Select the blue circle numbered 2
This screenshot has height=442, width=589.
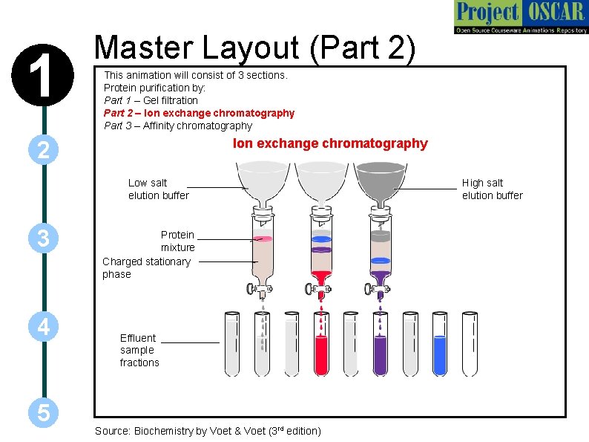click(44, 151)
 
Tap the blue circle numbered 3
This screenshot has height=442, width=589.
click(44, 238)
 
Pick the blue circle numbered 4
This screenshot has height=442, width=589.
click(44, 327)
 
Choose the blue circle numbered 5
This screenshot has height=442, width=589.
click(44, 413)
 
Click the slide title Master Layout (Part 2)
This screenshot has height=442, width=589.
click(255, 48)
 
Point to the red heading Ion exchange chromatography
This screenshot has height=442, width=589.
click(330, 143)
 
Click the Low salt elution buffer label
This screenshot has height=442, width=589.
click(158, 189)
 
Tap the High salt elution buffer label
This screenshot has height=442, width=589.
click(492, 189)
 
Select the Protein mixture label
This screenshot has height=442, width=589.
click(177, 241)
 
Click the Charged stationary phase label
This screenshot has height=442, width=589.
click(146, 267)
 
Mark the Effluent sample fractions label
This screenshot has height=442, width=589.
click(139, 350)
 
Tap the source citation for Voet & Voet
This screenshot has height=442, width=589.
click(208, 431)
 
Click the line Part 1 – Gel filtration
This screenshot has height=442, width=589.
click(151, 100)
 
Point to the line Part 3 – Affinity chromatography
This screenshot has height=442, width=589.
click(178, 126)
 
